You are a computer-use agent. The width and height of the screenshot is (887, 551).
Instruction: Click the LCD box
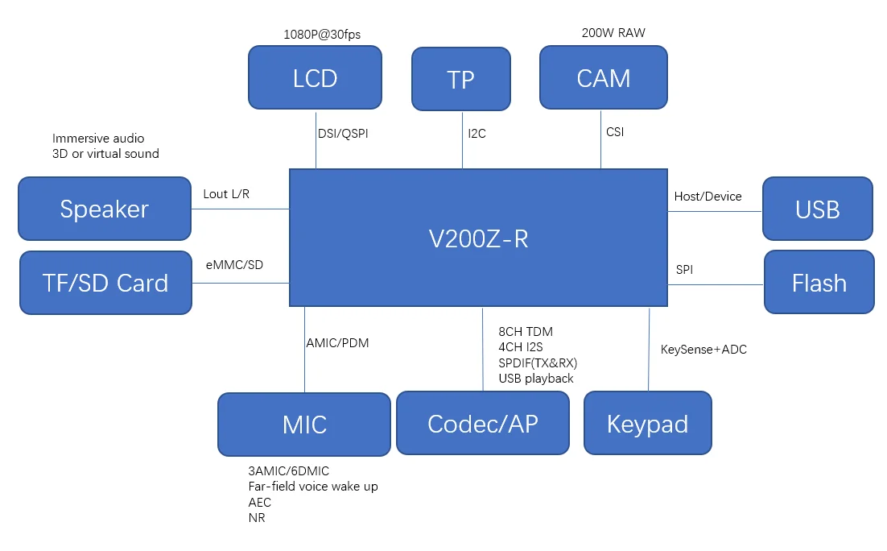click(x=315, y=77)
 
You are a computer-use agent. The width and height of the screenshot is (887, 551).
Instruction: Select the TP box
click(x=461, y=79)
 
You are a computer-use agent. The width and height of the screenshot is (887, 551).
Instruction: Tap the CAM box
click(x=604, y=77)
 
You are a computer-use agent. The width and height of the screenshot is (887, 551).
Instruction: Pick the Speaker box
click(x=105, y=209)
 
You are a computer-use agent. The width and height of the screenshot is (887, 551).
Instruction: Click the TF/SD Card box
click(x=105, y=283)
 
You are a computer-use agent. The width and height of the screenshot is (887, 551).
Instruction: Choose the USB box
click(x=818, y=209)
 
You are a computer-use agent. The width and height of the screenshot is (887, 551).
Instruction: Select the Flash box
click(x=819, y=282)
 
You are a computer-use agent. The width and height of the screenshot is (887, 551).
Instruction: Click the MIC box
click(x=305, y=424)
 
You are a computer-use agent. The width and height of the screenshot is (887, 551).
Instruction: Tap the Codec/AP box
click(x=483, y=423)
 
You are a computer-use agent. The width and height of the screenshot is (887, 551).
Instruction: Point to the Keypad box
click(x=648, y=423)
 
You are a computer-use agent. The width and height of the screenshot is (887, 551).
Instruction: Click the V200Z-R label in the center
click(x=478, y=238)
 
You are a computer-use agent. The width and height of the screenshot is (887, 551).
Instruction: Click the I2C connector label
click(x=477, y=134)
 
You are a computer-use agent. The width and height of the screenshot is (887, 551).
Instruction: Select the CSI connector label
click(x=615, y=132)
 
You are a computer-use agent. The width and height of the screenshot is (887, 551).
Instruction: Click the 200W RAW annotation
click(x=613, y=33)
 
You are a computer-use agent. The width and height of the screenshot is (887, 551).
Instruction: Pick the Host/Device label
click(x=708, y=197)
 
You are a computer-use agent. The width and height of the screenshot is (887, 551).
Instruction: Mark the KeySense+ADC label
click(x=704, y=350)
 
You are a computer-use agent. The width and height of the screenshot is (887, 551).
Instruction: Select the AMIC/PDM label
click(x=337, y=342)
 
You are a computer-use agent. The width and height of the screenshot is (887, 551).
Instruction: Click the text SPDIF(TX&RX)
click(x=538, y=362)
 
